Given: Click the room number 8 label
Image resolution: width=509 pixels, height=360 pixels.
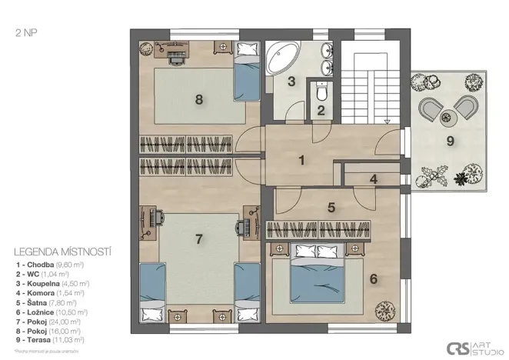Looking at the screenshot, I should pyautogui.click(x=199, y=98).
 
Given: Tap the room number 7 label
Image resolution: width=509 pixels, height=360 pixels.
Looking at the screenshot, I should pyautogui.click(x=198, y=239).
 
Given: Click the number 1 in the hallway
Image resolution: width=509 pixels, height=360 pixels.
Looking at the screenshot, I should pyautogui.click(x=302, y=161).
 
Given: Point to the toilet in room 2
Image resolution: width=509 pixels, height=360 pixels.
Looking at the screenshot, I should pyautogui.click(x=322, y=93).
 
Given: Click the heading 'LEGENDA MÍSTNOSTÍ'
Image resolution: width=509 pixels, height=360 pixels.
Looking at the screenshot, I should pyautogui.click(x=64, y=252).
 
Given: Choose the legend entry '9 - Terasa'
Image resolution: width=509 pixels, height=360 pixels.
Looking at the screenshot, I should pyautogui.click(x=50, y=338).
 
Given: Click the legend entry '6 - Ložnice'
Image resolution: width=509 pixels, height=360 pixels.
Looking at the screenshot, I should pyautogui.click(x=50, y=311).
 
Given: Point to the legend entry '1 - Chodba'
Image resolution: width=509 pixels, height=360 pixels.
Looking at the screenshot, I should pyautogui.click(x=50, y=265).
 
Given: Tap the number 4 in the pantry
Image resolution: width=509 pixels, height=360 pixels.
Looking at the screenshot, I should pyautogui.click(x=373, y=180).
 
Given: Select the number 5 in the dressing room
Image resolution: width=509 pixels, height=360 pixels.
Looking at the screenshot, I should pyautogui.click(x=331, y=207).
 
